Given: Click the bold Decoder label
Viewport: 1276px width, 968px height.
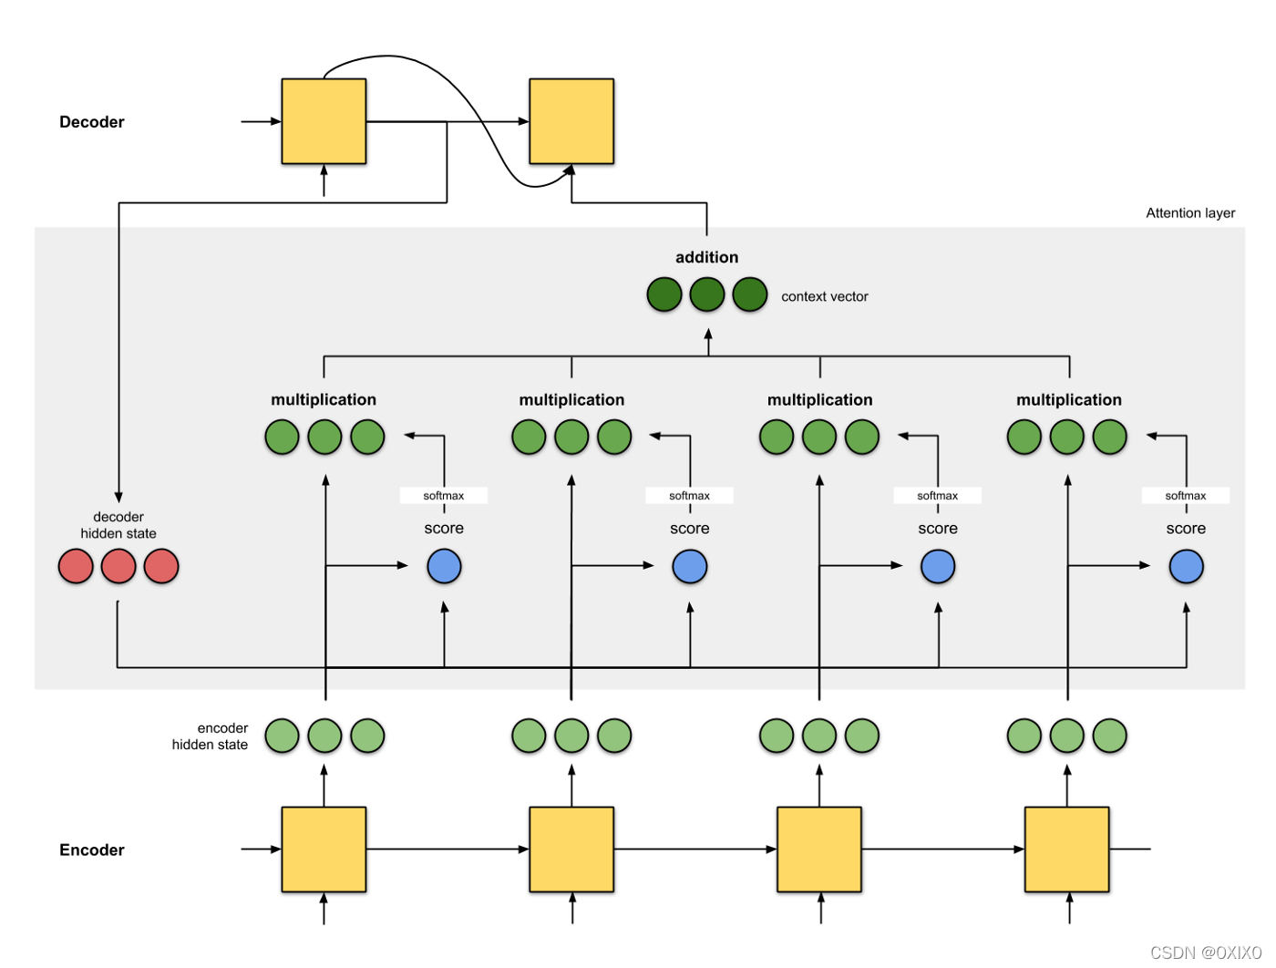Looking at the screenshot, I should pyautogui.click(x=91, y=122).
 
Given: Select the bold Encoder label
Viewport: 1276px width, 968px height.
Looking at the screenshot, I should pyautogui.click(x=91, y=850).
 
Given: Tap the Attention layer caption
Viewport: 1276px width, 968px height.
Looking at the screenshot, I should pyautogui.click(x=1190, y=213).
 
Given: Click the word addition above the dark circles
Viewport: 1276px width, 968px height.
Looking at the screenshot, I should pyautogui.click(x=706, y=258).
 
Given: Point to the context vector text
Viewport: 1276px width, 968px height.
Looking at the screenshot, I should pyautogui.click(x=824, y=296).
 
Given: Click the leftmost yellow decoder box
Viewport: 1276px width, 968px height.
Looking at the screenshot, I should pyautogui.click(x=324, y=121).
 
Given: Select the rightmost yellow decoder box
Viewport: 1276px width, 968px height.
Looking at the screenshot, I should pyautogui.click(x=571, y=121).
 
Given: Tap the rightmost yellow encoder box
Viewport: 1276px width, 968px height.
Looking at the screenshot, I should pyautogui.click(x=1066, y=850).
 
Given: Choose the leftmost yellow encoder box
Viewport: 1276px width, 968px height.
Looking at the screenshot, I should pyautogui.click(x=324, y=850).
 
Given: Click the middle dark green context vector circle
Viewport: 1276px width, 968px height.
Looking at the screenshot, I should pyautogui.click(x=706, y=294).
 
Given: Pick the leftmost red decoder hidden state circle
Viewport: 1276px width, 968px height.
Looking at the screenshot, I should pyautogui.click(x=76, y=566).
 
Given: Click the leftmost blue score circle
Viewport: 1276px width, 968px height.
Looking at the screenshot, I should pyautogui.click(x=444, y=566).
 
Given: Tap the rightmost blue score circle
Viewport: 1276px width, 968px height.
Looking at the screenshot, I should pyautogui.click(x=1186, y=566).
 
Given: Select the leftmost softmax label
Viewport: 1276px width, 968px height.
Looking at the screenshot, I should pyautogui.click(x=444, y=496).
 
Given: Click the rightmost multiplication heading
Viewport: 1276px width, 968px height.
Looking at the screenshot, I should pyautogui.click(x=1068, y=400).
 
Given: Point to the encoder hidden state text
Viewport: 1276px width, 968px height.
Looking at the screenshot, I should pyautogui.click(x=211, y=736).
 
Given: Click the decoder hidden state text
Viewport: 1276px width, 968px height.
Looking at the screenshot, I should pyautogui.click(x=118, y=525).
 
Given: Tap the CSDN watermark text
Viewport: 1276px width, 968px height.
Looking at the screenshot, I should pyautogui.click(x=1205, y=953).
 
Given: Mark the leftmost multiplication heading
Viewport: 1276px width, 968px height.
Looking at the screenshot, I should pyautogui.click(x=324, y=400).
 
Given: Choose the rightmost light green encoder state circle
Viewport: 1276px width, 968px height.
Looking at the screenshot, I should pyautogui.click(x=1109, y=736).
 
